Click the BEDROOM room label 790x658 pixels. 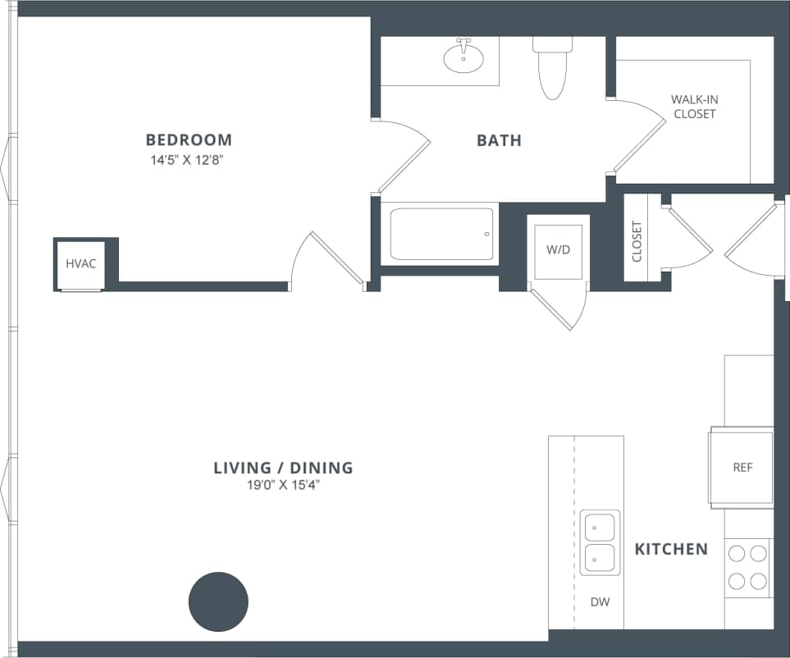point(189,139)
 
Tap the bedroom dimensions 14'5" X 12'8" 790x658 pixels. point(188,160)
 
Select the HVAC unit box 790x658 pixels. point(81,263)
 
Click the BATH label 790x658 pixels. point(499,140)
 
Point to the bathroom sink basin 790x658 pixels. point(463,57)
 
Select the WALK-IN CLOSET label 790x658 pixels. point(694,107)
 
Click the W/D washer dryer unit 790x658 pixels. point(558,249)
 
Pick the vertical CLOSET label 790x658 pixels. point(637,240)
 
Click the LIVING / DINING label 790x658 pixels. point(283,468)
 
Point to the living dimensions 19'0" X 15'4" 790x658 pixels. point(283,485)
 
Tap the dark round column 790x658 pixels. point(218,601)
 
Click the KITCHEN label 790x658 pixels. point(671,549)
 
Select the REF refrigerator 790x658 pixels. point(742,468)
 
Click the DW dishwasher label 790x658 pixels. point(600,602)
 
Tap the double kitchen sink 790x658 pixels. point(600,542)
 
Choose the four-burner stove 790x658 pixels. point(747,567)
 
